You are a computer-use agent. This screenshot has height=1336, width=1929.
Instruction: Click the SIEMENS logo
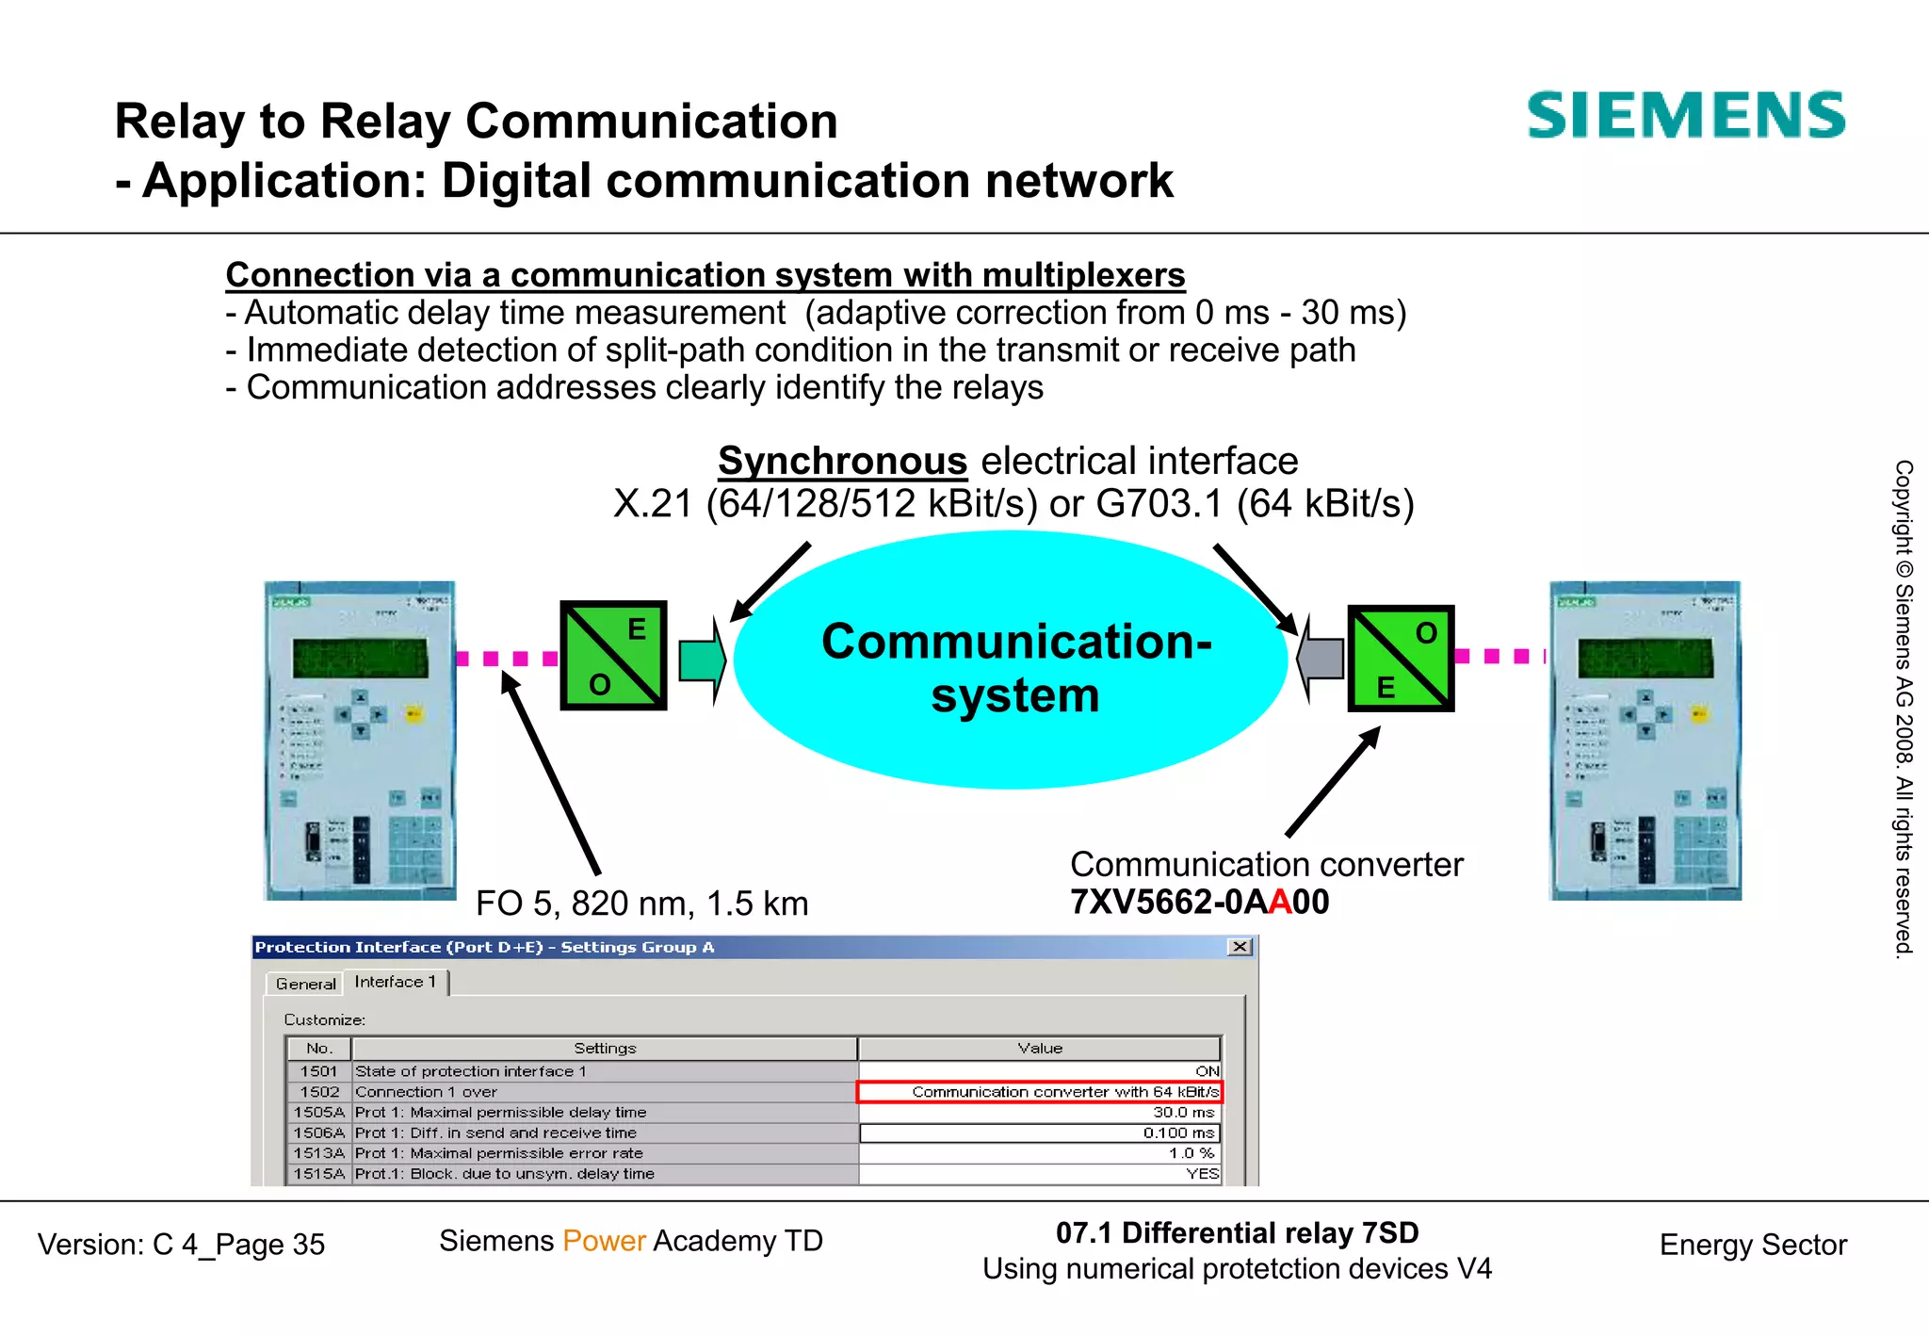pyautogui.click(x=1685, y=116)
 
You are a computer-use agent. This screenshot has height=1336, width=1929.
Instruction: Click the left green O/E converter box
pyautogui.click(x=613, y=656)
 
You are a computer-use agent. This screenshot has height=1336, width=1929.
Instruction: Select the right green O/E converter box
pyautogui.click(x=1401, y=658)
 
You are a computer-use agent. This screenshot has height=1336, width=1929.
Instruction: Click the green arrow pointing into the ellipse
pyautogui.click(x=703, y=660)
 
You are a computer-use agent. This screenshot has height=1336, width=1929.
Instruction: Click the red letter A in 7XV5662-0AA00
pyautogui.click(x=1280, y=902)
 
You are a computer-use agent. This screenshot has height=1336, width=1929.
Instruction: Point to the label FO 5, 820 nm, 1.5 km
pyautogui.click(x=641, y=904)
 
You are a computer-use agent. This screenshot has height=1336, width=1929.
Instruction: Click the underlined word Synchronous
pyautogui.click(x=842, y=461)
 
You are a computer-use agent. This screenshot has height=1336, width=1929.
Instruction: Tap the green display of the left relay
pyautogui.click(x=360, y=658)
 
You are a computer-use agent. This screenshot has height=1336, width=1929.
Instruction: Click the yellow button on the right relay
pyautogui.click(x=1698, y=713)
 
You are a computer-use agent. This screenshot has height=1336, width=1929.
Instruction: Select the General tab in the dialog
pyautogui.click(x=305, y=984)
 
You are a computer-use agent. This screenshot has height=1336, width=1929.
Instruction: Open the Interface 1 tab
pyautogui.click(x=395, y=982)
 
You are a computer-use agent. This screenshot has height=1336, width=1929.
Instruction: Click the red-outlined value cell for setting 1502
pyautogui.click(x=1039, y=1092)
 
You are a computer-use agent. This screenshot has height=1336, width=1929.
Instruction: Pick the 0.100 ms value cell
pyautogui.click(x=1039, y=1132)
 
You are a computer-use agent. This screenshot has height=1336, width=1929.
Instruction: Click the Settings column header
pyautogui.click(x=605, y=1048)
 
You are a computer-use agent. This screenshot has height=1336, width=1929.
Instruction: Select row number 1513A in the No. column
pyautogui.click(x=319, y=1153)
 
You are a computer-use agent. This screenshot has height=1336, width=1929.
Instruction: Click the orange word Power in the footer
pyautogui.click(x=604, y=1241)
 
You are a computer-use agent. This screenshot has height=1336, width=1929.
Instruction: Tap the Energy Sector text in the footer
pyautogui.click(x=1752, y=1245)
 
